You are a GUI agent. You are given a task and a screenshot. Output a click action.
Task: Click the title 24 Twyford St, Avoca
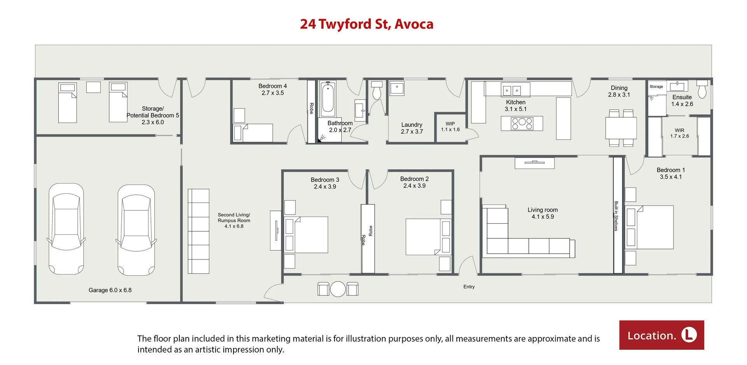point(366,24)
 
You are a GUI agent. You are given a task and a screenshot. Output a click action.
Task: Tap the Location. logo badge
point(661,335)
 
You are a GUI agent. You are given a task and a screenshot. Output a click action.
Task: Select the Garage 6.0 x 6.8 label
point(110,290)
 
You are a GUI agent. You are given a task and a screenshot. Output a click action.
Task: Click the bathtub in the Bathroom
point(328,99)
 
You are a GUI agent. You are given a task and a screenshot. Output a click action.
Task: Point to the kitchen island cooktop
point(522,123)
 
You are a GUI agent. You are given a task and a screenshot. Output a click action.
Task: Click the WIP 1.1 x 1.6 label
point(450,127)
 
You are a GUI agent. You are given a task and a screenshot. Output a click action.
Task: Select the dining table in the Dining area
point(621,128)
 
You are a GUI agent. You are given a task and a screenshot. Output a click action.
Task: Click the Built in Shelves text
point(616,216)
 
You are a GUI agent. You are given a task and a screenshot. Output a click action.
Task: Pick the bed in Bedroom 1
point(649,227)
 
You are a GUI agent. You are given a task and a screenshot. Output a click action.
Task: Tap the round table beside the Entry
point(338,289)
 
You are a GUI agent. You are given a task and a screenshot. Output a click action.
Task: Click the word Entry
point(469,287)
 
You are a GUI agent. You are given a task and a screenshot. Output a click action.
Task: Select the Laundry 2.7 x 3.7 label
point(412,128)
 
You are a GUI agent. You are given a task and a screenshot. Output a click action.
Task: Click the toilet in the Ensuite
point(702,89)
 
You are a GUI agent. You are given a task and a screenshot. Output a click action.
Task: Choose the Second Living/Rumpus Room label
point(234,220)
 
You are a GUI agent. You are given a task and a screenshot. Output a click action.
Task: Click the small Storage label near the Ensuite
point(656,86)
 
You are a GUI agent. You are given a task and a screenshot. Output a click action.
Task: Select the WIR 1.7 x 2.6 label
point(679,133)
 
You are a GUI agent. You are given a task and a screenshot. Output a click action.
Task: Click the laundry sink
point(397,88)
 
